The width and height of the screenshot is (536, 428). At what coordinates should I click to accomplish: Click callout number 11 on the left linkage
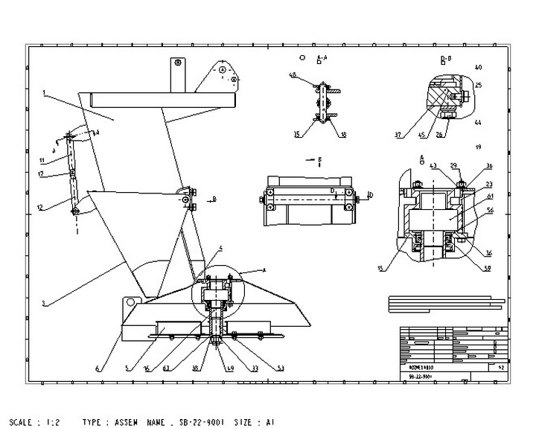(x=43, y=160)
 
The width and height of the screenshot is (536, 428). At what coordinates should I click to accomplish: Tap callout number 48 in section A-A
(x=293, y=75)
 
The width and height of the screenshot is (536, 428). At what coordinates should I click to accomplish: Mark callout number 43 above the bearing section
(x=433, y=165)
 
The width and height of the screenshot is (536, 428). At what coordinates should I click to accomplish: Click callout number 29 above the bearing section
(x=453, y=165)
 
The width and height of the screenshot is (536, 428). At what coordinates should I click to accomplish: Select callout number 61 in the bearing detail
(x=491, y=196)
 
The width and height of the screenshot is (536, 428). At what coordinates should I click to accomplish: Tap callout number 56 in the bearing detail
(x=491, y=211)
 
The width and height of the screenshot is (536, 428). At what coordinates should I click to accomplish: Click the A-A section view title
(x=322, y=57)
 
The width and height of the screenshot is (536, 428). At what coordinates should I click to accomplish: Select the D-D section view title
(x=446, y=57)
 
